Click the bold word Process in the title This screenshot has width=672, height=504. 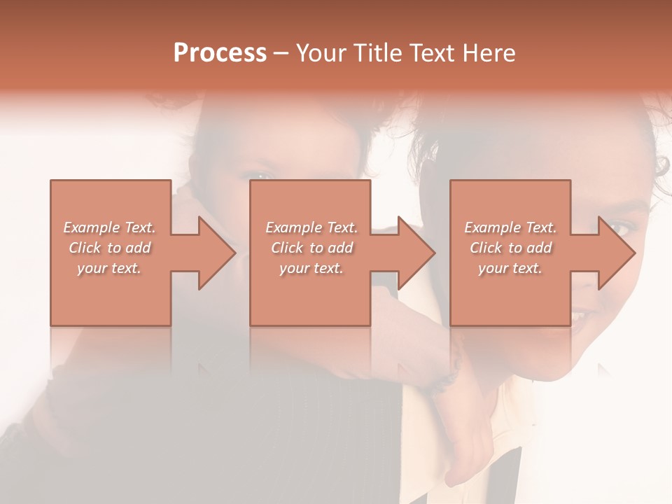click(220, 53)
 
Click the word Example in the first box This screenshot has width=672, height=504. click(92, 227)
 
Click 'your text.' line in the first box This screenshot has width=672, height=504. click(109, 268)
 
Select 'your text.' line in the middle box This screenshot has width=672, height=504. click(311, 268)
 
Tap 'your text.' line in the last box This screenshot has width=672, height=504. click(510, 268)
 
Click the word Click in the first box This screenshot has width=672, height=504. click(85, 248)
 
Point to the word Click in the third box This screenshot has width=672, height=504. click(486, 248)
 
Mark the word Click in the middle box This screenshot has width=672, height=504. click(287, 248)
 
